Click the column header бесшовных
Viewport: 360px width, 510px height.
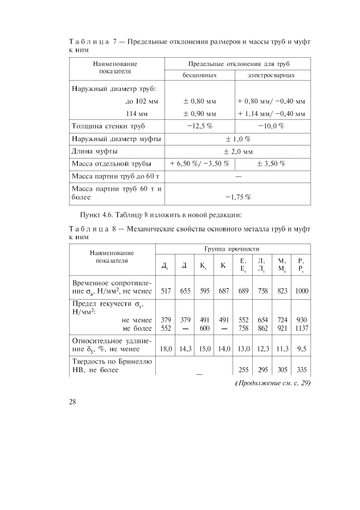[x=199, y=75]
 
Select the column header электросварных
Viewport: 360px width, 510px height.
[x=272, y=75]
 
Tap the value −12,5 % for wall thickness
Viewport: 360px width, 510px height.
[x=199, y=126]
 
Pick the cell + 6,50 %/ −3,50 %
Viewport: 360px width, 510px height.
[x=199, y=164]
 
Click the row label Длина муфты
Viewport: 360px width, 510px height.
[x=95, y=151]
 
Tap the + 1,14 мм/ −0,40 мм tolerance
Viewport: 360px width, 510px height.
[x=272, y=114]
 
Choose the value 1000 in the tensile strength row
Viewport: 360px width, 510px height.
[x=301, y=291]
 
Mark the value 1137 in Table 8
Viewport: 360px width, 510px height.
[x=301, y=329]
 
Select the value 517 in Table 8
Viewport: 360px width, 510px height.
[x=166, y=291]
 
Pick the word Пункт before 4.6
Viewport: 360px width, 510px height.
[x=90, y=213]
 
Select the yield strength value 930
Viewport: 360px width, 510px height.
[x=301, y=320]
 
